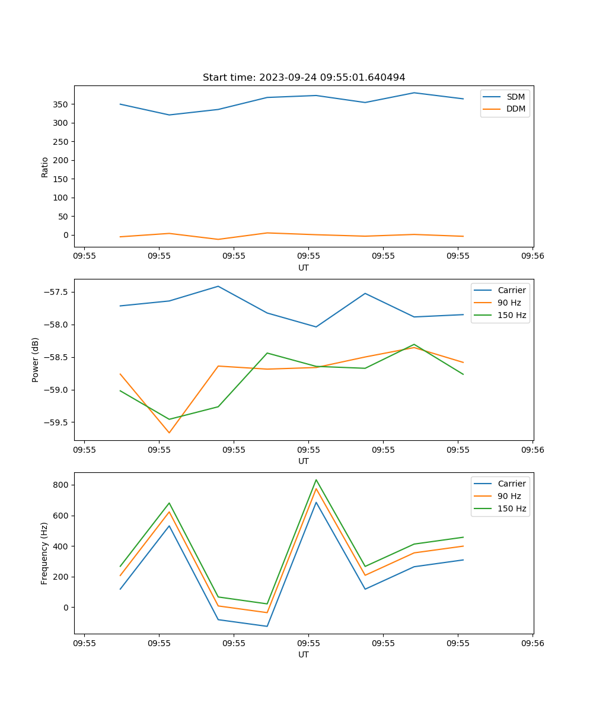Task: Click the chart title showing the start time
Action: [304, 78]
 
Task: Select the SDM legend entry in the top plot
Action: [515, 97]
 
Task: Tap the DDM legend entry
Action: [515, 109]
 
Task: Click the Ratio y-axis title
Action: [45, 167]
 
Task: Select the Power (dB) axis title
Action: [36, 360]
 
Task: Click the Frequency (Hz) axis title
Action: [44, 553]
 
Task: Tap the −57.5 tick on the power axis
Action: [56, 292]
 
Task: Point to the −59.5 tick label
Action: [56, 422]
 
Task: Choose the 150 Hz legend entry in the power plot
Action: [512, 315]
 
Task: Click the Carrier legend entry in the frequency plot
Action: [511, 484]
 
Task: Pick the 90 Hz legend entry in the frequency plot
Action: [511, 496]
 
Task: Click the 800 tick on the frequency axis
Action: [62, 485]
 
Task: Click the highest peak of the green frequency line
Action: [316, 480]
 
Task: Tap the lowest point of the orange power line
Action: [169, 433]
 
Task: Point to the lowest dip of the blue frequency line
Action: [267, 626]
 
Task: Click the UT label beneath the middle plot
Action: [304, 461]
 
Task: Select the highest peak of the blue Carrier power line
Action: [218, 286]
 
